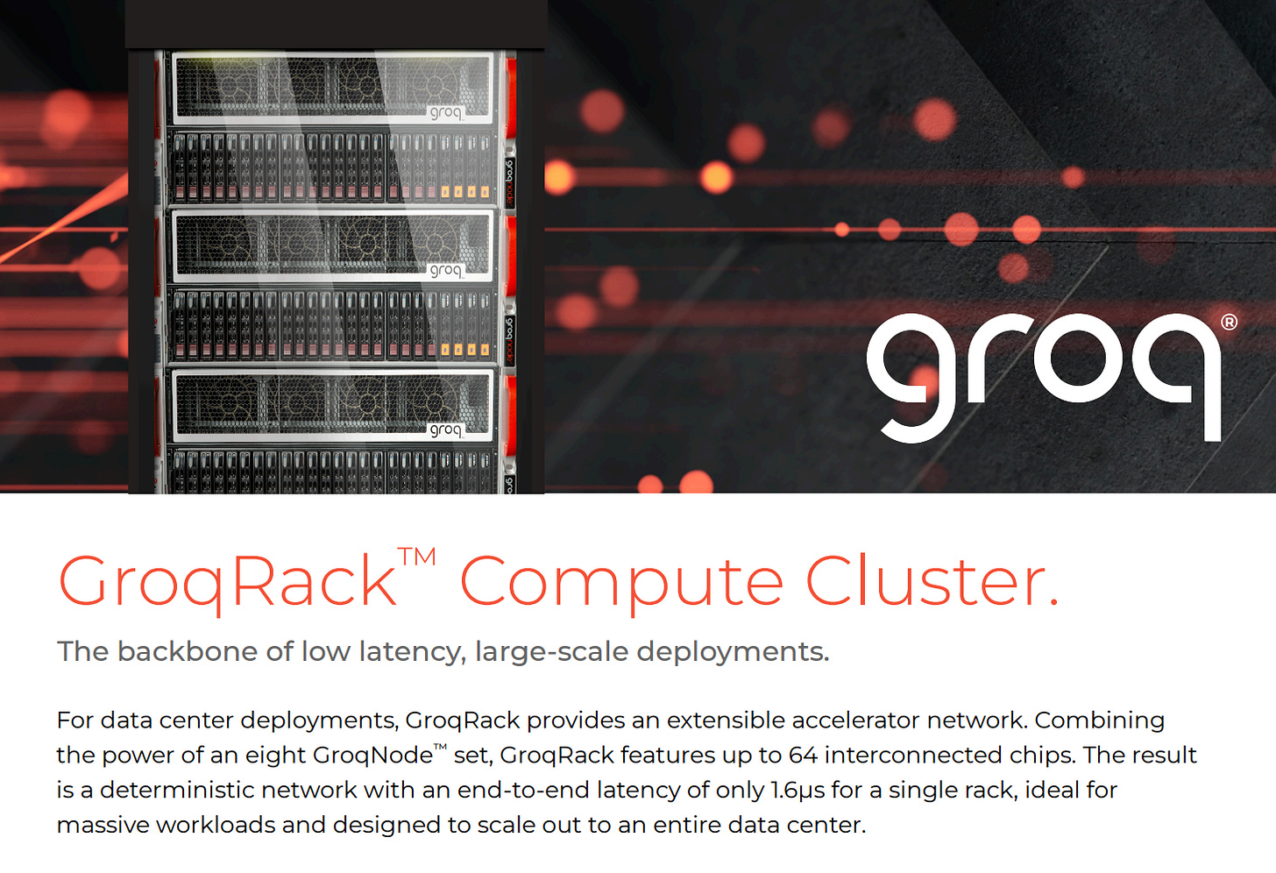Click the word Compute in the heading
620,582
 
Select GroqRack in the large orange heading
227,582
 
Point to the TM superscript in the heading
416,558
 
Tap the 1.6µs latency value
797,790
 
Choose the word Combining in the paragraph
1099,720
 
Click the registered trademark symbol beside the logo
1229,323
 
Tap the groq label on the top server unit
445,113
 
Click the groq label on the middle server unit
445,271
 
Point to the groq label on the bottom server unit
445,429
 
